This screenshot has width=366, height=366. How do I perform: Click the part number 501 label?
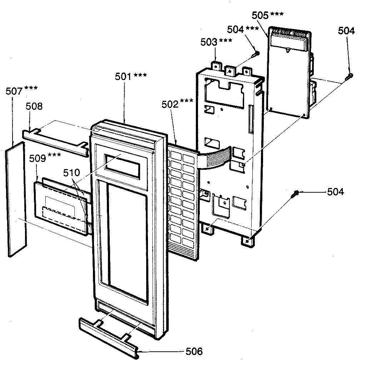123,76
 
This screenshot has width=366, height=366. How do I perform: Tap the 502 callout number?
170,104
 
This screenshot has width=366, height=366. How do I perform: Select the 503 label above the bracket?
209,42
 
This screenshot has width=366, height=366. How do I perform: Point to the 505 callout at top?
260,15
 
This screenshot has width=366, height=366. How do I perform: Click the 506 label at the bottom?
194,351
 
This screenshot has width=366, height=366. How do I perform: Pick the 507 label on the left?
14,91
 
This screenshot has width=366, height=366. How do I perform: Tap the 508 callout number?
34,106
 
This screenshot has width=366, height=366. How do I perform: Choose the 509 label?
37,158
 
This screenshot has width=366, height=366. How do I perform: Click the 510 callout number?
71,173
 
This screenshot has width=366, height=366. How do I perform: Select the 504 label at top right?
346,31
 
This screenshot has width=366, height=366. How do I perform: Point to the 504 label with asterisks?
236,30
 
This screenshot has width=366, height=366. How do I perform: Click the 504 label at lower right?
335,192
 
